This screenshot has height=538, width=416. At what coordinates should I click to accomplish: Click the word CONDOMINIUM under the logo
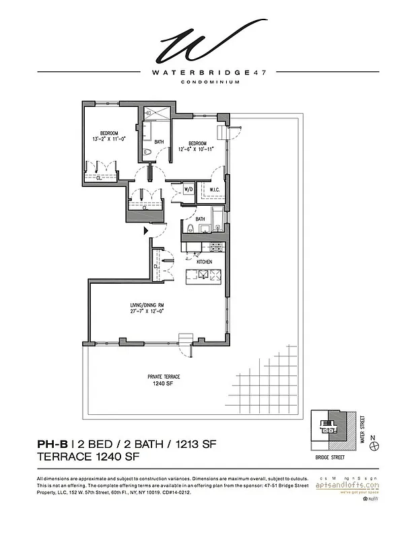(x=207, y=83)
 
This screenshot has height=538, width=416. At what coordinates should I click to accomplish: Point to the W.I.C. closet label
(x=213, y=190)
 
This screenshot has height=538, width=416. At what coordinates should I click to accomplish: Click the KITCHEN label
(x=204, y=262)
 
